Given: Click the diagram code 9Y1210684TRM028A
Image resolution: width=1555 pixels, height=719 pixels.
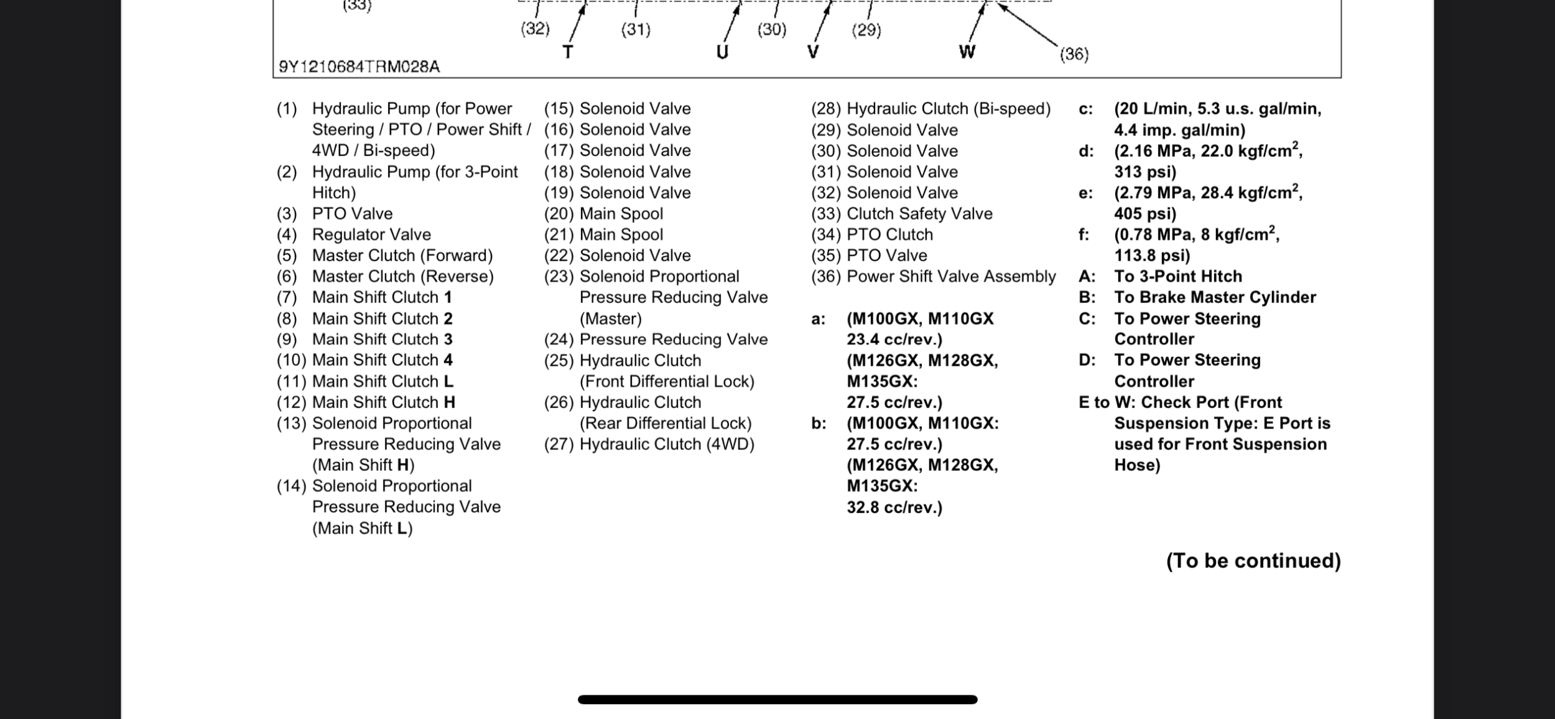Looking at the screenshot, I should point(359,67).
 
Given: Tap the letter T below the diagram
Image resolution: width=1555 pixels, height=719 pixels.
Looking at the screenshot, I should point(567,52).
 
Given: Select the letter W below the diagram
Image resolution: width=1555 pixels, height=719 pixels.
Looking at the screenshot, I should point(967,52).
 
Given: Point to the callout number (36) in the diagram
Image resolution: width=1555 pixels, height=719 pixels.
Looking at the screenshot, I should point(1074,54).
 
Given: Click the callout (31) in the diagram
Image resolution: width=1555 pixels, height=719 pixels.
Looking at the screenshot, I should point(636,29).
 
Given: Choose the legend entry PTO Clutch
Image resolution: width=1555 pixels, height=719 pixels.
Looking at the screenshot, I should point(889,234).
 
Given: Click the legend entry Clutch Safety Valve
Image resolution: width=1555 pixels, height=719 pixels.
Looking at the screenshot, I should point(919,213).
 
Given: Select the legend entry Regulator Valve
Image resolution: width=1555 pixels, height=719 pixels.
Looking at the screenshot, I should point(371,234).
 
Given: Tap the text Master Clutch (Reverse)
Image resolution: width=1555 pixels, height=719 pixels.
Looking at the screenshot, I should point(402,276).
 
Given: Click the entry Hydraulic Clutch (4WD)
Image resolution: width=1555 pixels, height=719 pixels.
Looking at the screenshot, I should point(666,444).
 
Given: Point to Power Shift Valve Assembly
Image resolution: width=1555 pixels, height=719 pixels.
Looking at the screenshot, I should point(951,276).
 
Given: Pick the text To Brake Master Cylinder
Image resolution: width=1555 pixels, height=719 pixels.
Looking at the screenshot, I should point(1215,297).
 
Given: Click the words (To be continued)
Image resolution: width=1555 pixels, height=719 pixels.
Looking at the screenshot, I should point(1253,560).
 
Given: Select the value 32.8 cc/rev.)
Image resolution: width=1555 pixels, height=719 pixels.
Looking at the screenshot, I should point(894,508).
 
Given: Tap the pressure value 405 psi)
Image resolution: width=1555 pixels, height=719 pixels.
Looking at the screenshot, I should point(1144,213).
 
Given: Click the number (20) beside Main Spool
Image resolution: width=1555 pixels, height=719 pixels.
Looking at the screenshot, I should point(559,213).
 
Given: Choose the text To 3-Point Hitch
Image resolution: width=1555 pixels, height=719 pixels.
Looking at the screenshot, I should point(1178,276).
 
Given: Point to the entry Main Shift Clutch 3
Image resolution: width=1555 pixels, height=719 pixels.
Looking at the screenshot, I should point(382,339).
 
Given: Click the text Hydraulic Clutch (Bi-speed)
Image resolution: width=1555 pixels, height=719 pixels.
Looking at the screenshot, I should point(949,109).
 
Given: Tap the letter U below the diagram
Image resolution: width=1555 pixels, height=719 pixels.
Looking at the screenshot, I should point(722,52).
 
